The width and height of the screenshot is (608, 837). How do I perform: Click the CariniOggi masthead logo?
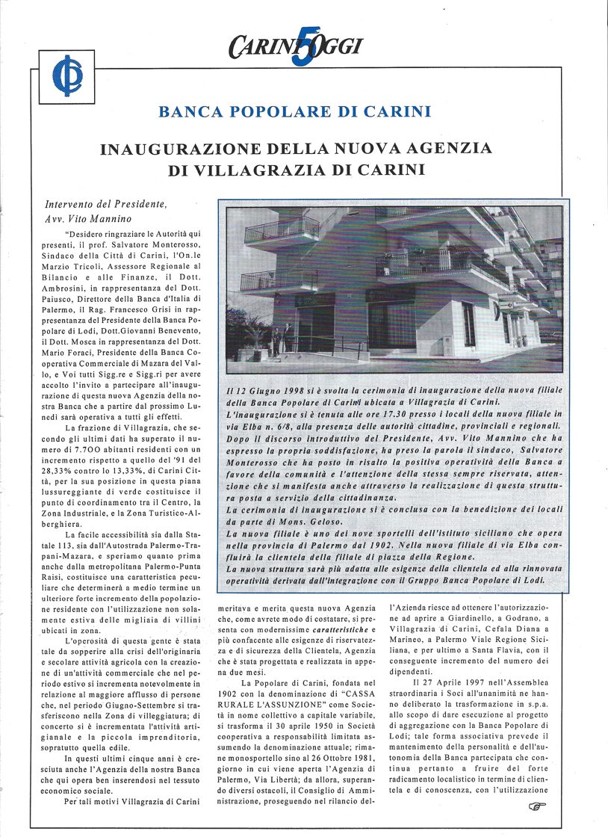(x=296, y=46)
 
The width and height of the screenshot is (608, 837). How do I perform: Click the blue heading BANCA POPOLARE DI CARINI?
(x=295, y=112)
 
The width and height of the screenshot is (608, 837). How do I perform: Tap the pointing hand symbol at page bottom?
(x=536, y=806)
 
